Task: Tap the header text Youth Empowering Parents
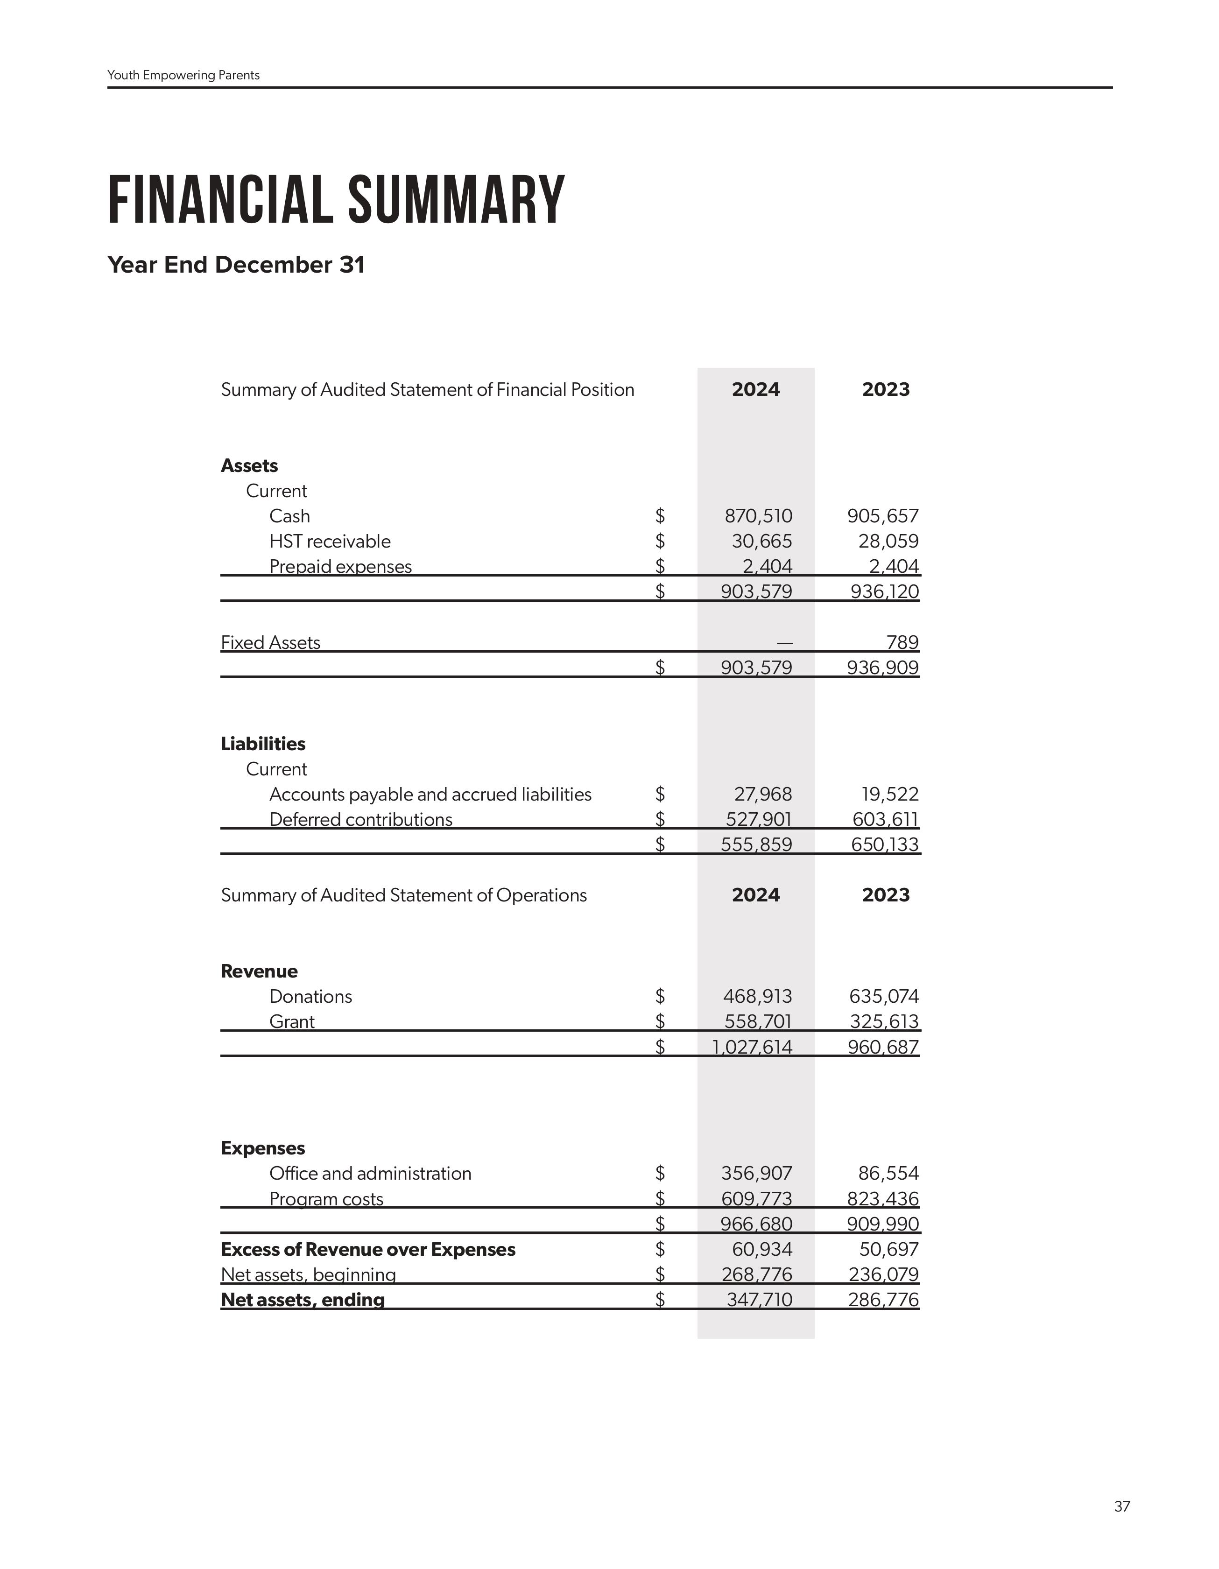click(183, 76)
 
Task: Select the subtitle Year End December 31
click(236, 264)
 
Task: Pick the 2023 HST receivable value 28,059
click(888, 541)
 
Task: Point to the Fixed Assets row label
click(270, 642)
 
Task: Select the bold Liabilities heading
click(263, 744)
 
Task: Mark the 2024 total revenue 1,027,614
click(752, 1047)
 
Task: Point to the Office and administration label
click(370, 1173)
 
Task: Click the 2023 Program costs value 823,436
click(883, 1198)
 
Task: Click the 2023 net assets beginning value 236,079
click(883, 1274)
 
